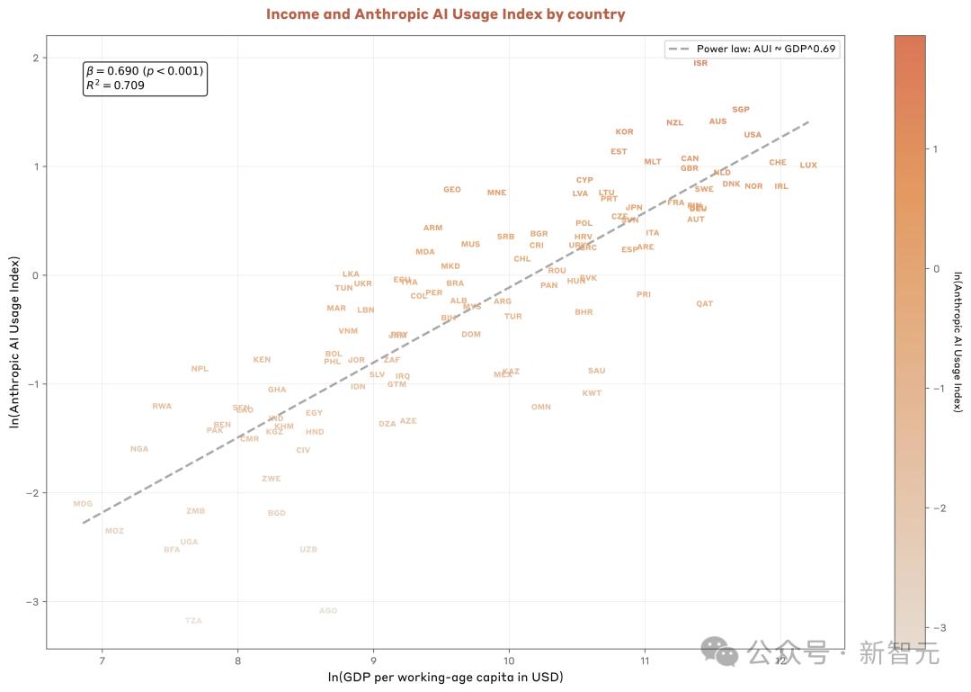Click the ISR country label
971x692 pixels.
(x=700, y=63)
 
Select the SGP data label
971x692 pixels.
(x=740, y=110)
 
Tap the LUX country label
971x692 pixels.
(x=808, y=166)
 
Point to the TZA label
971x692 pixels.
(x=193, y=621)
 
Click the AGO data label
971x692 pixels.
(x=328, y=611)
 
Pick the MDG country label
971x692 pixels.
(x=83, y=504)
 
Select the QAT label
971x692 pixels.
(x=704, y=304)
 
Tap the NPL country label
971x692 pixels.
(x=200, y=369)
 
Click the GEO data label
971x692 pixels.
(x=452, y=190)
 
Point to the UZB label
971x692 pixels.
(x=308, y=550)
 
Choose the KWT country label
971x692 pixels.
(x=592, y=393)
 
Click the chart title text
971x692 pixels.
(x=445, y=14)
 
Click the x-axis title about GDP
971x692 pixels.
(x=445, y=677)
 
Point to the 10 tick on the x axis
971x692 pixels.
(x=509, y=661)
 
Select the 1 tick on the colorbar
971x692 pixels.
(x=936, y=149)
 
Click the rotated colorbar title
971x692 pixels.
(x=958, y=341)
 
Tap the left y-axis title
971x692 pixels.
(x=14, y=341)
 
